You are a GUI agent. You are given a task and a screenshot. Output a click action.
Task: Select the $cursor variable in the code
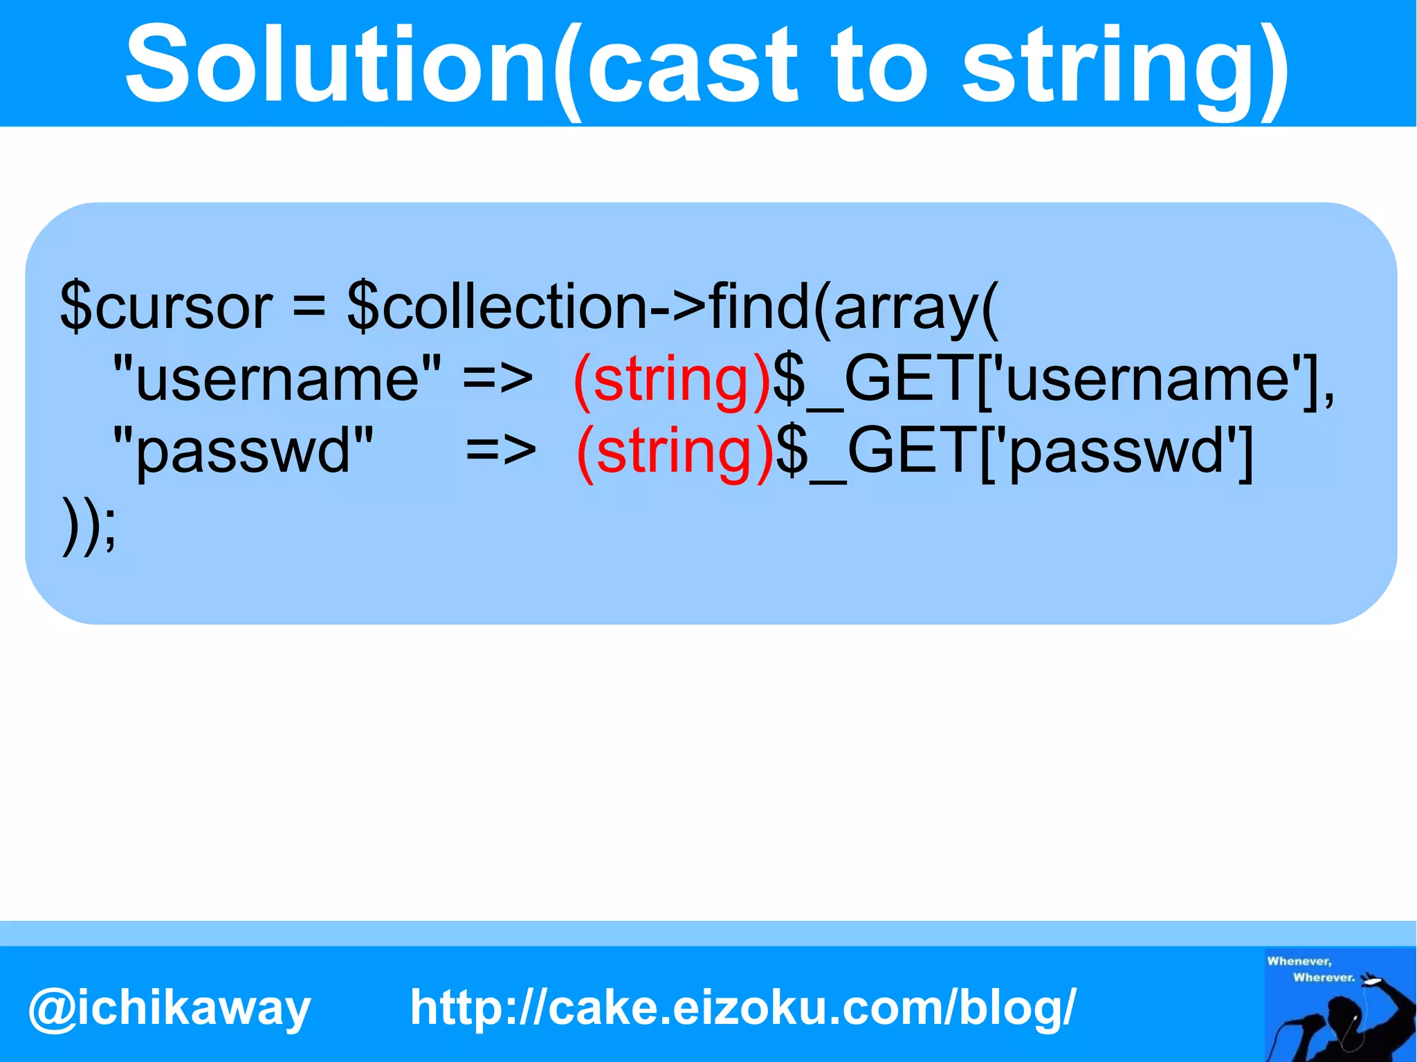(x=166, y=306)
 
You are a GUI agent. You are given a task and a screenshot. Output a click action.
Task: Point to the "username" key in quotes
(x=277, y=378)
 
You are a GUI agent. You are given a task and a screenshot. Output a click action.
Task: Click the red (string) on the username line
(x=671, y=380)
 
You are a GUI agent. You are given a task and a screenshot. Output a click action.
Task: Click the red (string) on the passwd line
(x=674, y=452)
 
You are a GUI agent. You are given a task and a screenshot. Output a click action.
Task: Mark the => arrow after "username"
(x=497, y=378)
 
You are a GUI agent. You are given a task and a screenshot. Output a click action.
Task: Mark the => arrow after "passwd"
(x=500, y=451)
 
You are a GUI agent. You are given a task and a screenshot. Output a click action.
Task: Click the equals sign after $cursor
(x=309, y=306)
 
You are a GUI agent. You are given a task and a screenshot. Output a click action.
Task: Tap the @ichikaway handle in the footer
(x=170, y=1008)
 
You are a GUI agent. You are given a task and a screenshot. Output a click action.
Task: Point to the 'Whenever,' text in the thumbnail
(x=1299, y=961)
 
